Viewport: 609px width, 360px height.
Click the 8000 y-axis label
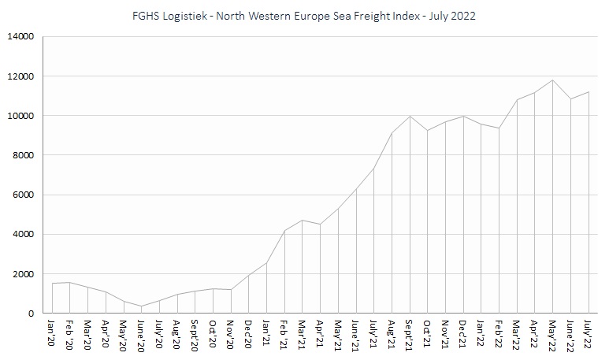pyautogui.click(x=21, y=155)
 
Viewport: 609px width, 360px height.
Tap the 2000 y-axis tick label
pyautogui.click(x=21, y=274)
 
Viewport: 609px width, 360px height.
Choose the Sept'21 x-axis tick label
pyautogui.click(x=410, y=337)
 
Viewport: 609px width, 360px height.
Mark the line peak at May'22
pyautogui.click(x=553, y=80)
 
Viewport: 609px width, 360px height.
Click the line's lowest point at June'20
pyautogui.click(x=142, y=306)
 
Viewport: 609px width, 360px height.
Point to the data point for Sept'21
pyautogui.click(x=410, y=117)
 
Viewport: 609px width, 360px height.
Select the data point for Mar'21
pyautogui.click(x=303, y=221)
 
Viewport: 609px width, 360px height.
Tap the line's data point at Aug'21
pyautogui.click(x=392, y=133)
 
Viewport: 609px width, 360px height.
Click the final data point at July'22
pyautogui.click(x=589, y=92)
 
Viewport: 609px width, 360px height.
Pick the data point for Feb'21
pyautogui.click(x=284, y=231)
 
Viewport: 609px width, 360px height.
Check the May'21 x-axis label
pyautogui.click(x=338, y=336)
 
